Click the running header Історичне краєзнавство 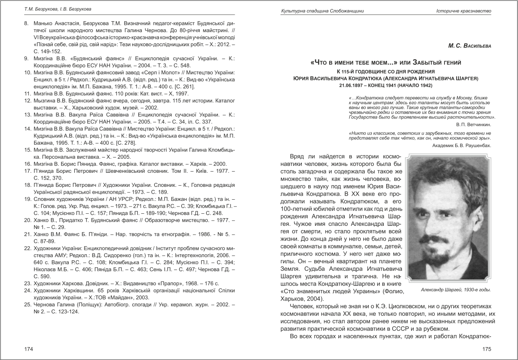[464, 10]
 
